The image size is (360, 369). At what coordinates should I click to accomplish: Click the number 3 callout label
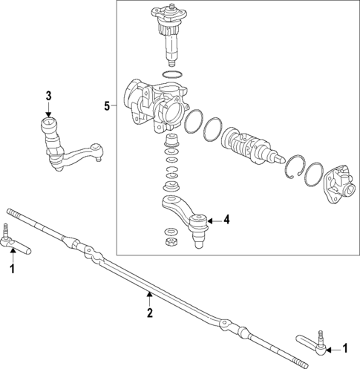tap(48, 95)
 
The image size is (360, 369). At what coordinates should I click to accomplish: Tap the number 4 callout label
tap(227, 220)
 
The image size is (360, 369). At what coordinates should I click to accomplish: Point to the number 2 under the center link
tap(149, 313)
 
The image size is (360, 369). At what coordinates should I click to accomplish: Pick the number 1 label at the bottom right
tap(345, 347)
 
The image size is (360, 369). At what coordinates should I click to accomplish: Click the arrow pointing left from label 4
tap(215, 220)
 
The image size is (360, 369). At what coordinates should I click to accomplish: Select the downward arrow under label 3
tap(48, 110)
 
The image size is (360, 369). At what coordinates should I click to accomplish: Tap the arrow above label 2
tap(149, 298)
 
